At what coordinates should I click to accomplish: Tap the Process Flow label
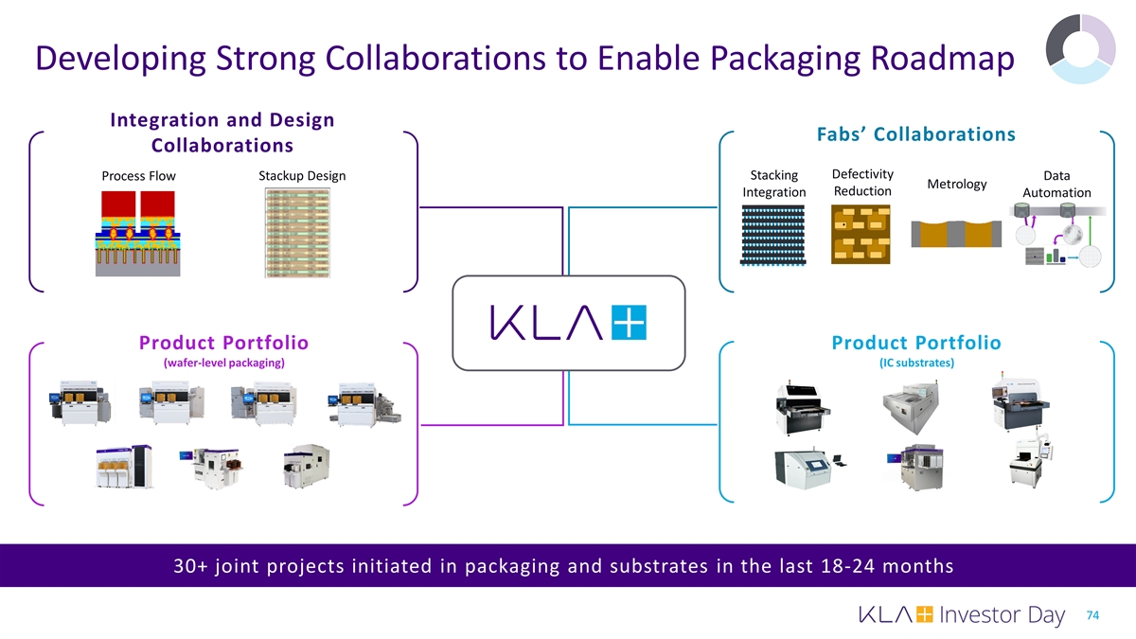click(x=138, y=176)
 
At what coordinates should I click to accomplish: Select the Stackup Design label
click(x=301, y=176)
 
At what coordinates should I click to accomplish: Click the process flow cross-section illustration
click(x=137, y=233)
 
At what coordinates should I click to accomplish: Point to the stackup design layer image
click(x=297, y=233)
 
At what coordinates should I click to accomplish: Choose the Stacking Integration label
click(x=773, y=184)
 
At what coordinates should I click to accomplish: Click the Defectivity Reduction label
click(x=862, y=183)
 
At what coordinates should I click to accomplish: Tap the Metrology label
click(x=957, y=184)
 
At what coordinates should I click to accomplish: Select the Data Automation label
click(x=1056, y=184)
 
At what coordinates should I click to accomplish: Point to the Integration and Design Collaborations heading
click(x=222, y=133)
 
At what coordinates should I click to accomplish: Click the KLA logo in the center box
click(x=568, y=323)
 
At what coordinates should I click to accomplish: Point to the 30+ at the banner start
click(x=190, y=566)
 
